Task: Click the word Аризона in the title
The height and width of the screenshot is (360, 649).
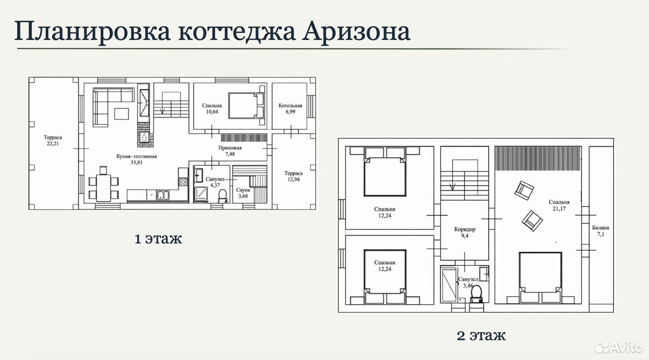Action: pos(356,31)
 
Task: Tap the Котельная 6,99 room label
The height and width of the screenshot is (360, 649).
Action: pos(291,109)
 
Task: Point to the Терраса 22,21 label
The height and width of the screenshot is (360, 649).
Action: pos(53,140)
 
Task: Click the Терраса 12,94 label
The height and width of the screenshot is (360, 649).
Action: pos(293,176)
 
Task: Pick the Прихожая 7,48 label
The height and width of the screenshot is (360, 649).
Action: pos(230,151)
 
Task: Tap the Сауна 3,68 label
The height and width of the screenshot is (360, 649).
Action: pos(243,193)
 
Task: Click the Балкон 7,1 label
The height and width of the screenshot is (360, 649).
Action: pos(601,231)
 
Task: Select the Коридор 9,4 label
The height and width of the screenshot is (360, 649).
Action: pos(465,232)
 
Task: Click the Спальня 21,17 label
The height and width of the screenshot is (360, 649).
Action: pos(559,205)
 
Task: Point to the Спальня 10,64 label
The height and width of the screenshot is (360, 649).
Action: pos(212,109)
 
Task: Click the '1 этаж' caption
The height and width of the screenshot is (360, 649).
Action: pos(158,239)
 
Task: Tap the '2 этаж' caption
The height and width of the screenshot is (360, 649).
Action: pos(481,335)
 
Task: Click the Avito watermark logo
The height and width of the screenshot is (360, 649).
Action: pos(619,347)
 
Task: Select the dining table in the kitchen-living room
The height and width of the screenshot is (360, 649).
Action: pos(103,188)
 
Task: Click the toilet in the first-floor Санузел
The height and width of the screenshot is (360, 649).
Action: pos(223,196)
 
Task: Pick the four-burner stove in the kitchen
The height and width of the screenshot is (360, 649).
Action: pos(183,182)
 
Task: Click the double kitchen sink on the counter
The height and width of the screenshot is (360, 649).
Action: pos(163,195)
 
